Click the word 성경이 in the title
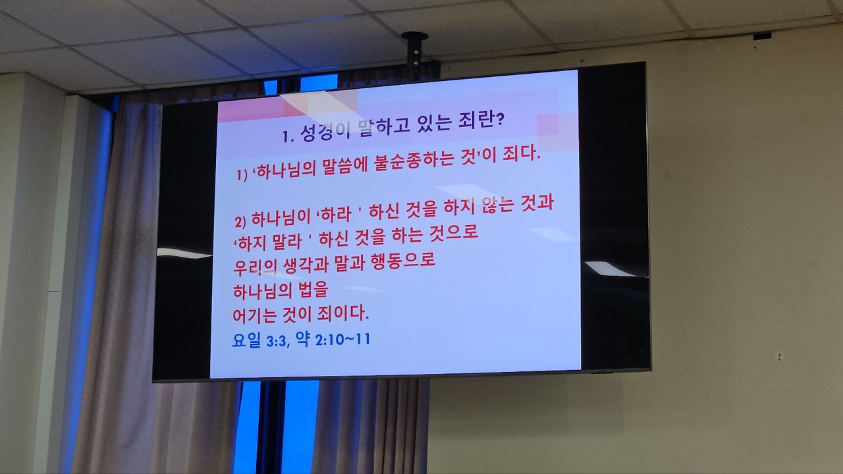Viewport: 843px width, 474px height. click(325, 133)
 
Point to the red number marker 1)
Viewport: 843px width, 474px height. click(242, 175)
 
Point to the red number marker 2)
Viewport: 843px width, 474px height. click(240, 222)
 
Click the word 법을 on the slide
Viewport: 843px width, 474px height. click(313, 289)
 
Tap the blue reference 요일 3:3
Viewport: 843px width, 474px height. click(259, 340)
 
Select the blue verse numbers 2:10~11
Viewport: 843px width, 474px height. click(342, 340)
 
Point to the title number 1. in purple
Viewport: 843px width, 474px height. click(288, 136)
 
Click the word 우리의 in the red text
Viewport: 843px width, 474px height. click(255, 267)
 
